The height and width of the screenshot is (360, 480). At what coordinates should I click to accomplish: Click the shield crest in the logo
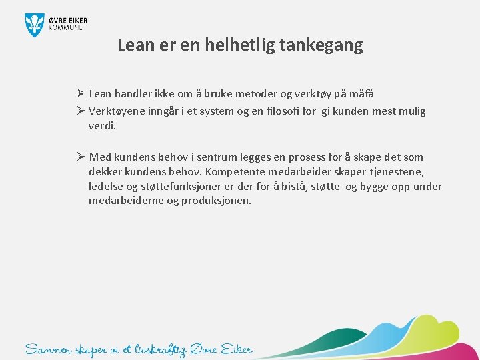click(x=34, y=25)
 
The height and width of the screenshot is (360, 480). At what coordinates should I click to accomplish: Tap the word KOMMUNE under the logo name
click(x=66, y=27)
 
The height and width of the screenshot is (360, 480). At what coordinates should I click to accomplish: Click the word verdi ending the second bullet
click(x=101, y=125)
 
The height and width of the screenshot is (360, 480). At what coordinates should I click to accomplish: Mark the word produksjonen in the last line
click(x=217, y=201)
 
